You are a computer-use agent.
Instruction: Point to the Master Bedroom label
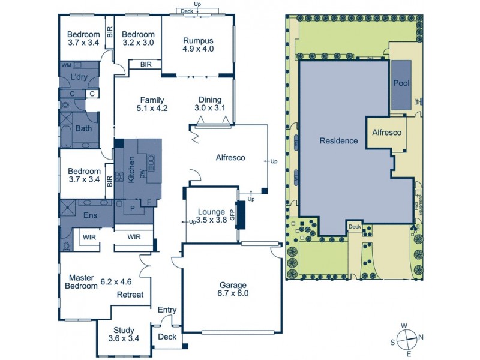(x=81, y=282)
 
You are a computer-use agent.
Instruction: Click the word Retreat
(x=130, y=295)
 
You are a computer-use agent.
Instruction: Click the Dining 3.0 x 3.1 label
(x=208, y=104)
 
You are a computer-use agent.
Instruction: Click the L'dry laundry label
(x=79, y=77)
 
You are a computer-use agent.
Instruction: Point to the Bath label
(x=83, y=128)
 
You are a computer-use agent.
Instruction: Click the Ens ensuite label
(x=89, y=215)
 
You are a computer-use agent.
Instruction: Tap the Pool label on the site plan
(x=401, y=83)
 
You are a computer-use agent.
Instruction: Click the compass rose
(x=407, y=337)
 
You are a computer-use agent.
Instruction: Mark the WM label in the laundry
(x=66, y=64)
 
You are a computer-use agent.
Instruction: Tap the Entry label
(x=167, y=310)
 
